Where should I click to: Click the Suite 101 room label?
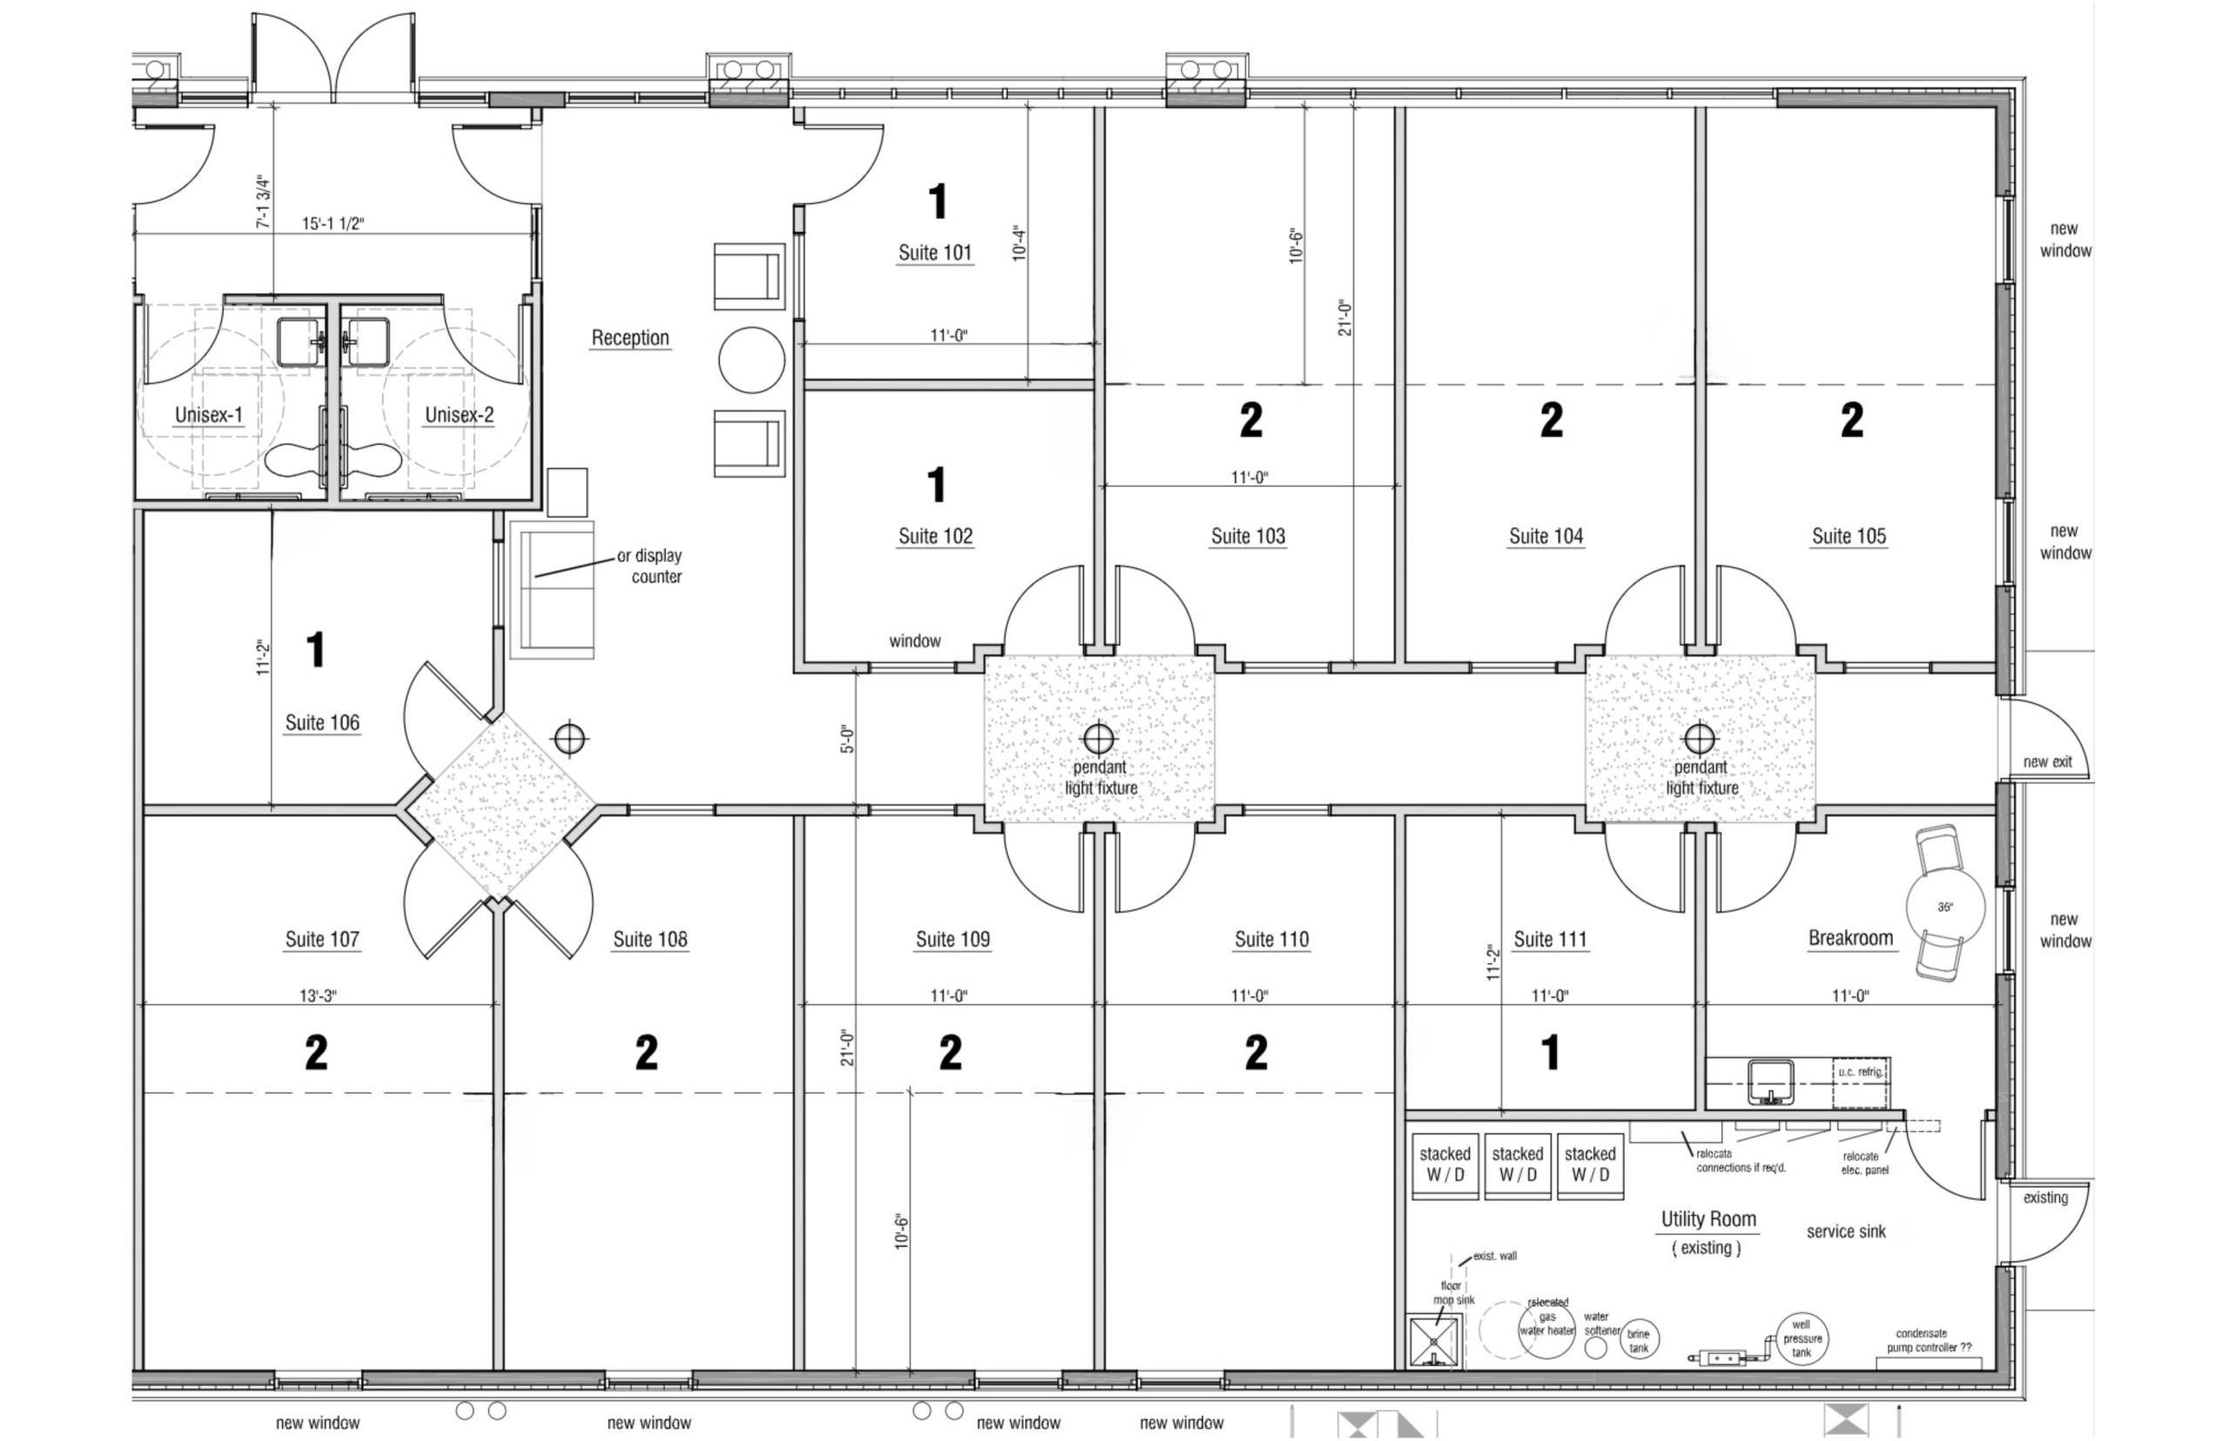[x=935, y=252]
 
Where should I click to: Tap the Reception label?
[x=630, y=338]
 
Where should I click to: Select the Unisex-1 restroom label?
[x=209, y=414]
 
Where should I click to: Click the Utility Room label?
[x=1708, y=1219]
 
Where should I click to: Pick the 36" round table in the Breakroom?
[x=1945, y=907]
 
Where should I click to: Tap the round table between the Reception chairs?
[x=751, y=360]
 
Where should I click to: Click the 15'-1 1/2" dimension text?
[x=332, y=224]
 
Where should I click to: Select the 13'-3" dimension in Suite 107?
[x=319, y=995]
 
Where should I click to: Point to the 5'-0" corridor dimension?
[x=847, y=740]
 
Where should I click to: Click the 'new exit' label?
[x=2047, y=761]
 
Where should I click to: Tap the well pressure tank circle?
[x=1802, y=1338]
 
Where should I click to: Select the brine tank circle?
[x=1639, y=1340]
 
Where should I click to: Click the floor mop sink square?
[x=1433, y=1342]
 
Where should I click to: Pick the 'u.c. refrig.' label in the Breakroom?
[x=1859, y=1072]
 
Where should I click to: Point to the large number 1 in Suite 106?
[x=316, y=649]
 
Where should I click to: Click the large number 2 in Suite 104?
[x=1551, y=420]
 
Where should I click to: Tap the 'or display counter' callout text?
[x=649, y=566]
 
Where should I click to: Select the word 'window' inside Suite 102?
[x=914, y=641]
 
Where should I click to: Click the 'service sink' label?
[x=1846, y=1231]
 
